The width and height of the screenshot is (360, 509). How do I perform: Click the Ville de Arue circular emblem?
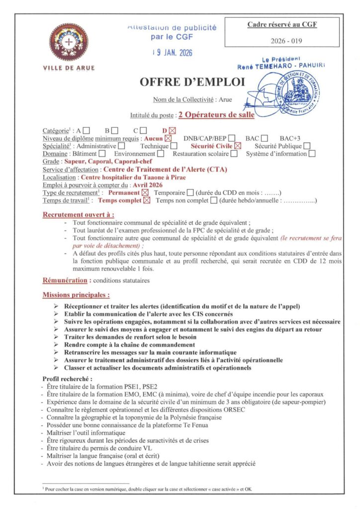(x=69, y=43)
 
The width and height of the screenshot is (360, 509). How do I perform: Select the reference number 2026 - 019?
(x=282, y=41)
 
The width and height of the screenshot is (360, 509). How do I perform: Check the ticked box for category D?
(x=173, y=131)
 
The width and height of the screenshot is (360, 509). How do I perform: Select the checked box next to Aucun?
(x=169, y=139)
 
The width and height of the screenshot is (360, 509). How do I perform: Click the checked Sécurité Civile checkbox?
(x=238, y=146)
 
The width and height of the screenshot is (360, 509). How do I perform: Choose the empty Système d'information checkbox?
(x=312, y=154)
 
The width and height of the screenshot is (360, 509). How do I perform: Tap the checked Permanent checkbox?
(x=145, y=193)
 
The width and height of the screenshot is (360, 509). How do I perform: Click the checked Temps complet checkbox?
(x=147, y=201)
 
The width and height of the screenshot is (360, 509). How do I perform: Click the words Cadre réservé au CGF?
(x=282, y=24)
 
